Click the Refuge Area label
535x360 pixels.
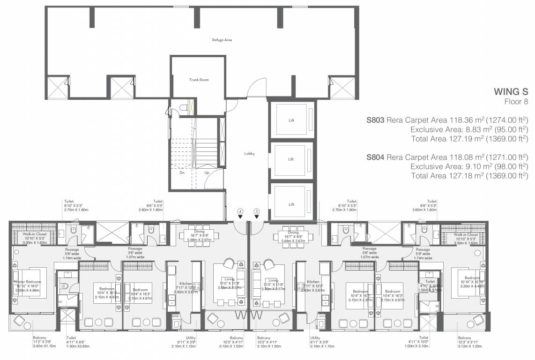coord(222,40)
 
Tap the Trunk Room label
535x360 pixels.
coord(199,80)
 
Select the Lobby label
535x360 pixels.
coord(249,153)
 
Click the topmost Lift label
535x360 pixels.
coord(291,120)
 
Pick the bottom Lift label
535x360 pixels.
coord(291,204)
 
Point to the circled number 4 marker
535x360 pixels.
coord(240,212)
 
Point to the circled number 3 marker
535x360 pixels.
coord(256,212)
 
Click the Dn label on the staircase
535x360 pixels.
coord(182,172)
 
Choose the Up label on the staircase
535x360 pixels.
coord(206,172)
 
